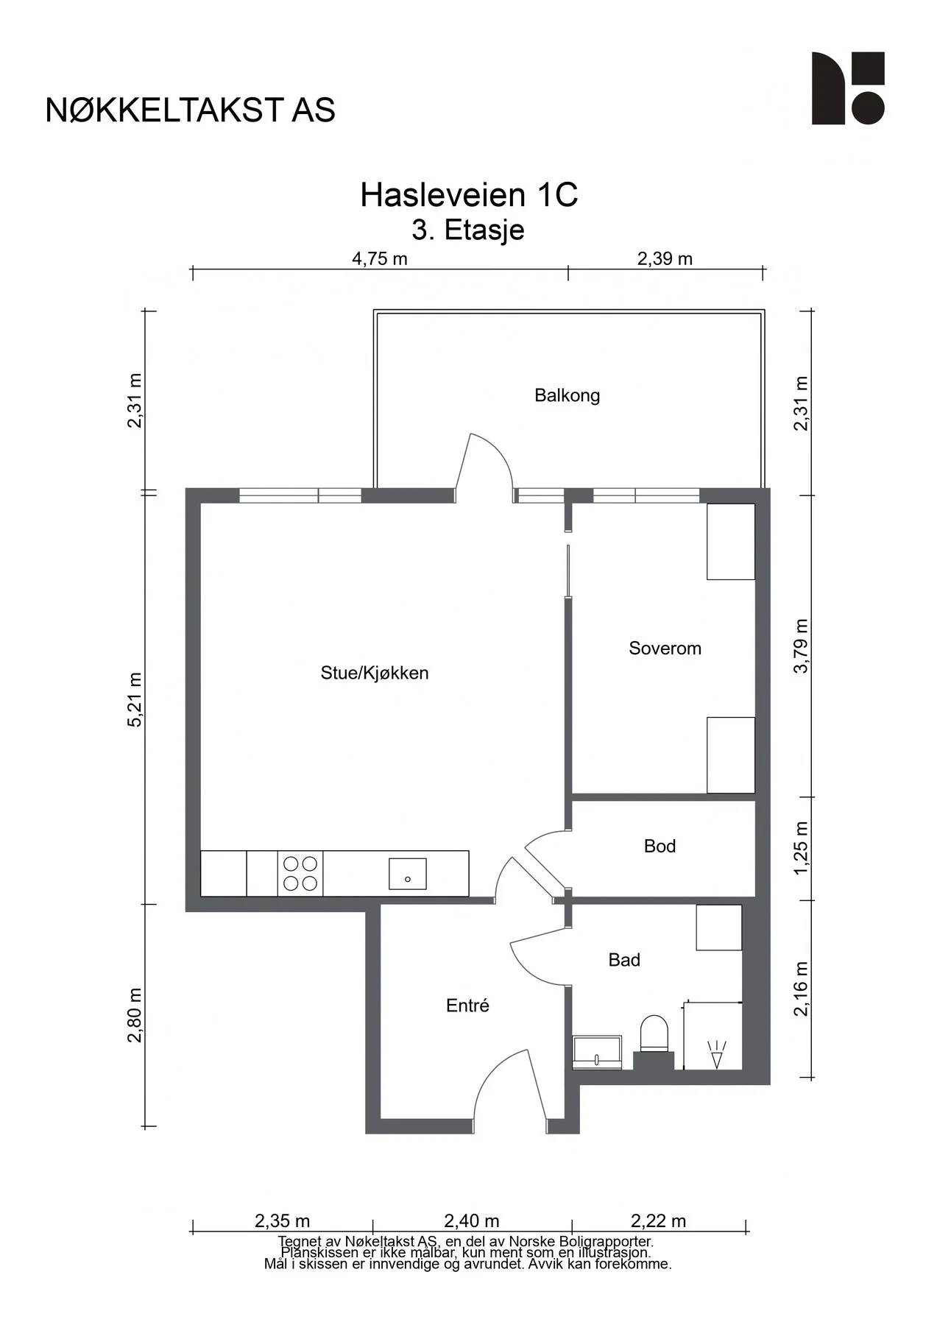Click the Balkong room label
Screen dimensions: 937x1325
(567, 396)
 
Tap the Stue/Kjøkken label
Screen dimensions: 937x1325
(375, 673)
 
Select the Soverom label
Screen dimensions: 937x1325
(665, 649)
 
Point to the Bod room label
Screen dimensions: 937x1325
(660, 847)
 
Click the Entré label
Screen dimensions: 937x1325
(467, 1006)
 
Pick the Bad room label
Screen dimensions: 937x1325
(624, 960)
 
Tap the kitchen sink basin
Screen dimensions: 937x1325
(408, 874)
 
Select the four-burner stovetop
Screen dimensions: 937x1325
(300, 874)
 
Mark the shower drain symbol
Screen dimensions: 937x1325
(716, 1054)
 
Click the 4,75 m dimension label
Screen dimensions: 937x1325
(380, 258)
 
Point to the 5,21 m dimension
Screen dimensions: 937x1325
(135, 699)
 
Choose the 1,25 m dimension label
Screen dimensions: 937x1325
(801, 848)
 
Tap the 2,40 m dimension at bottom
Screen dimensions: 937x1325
(472, 1221)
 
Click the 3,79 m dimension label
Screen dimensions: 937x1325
(801, 646)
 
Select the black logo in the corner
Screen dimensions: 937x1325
(848, 88)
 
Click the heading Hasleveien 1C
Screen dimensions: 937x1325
(469, 195)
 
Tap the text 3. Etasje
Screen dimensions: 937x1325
(468, 230)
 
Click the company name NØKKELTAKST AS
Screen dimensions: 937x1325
(191, 110)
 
